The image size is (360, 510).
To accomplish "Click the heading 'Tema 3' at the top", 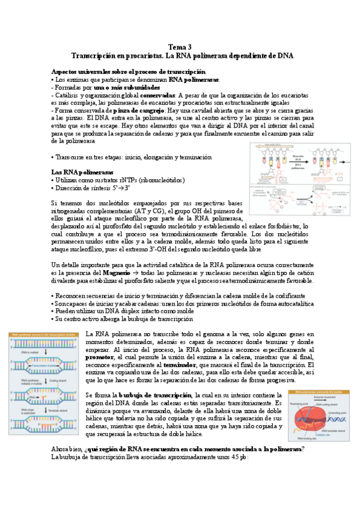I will (180, 47).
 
